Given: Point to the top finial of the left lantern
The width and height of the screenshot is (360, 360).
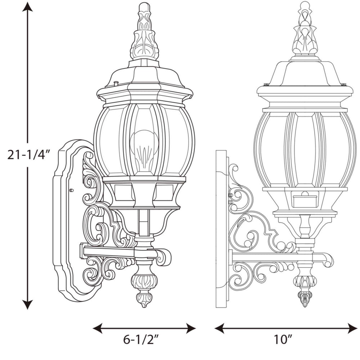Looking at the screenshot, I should point(144,32).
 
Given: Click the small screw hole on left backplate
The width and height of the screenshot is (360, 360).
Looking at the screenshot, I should point(71,190).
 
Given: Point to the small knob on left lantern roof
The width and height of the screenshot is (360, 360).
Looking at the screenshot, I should point(116,84).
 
